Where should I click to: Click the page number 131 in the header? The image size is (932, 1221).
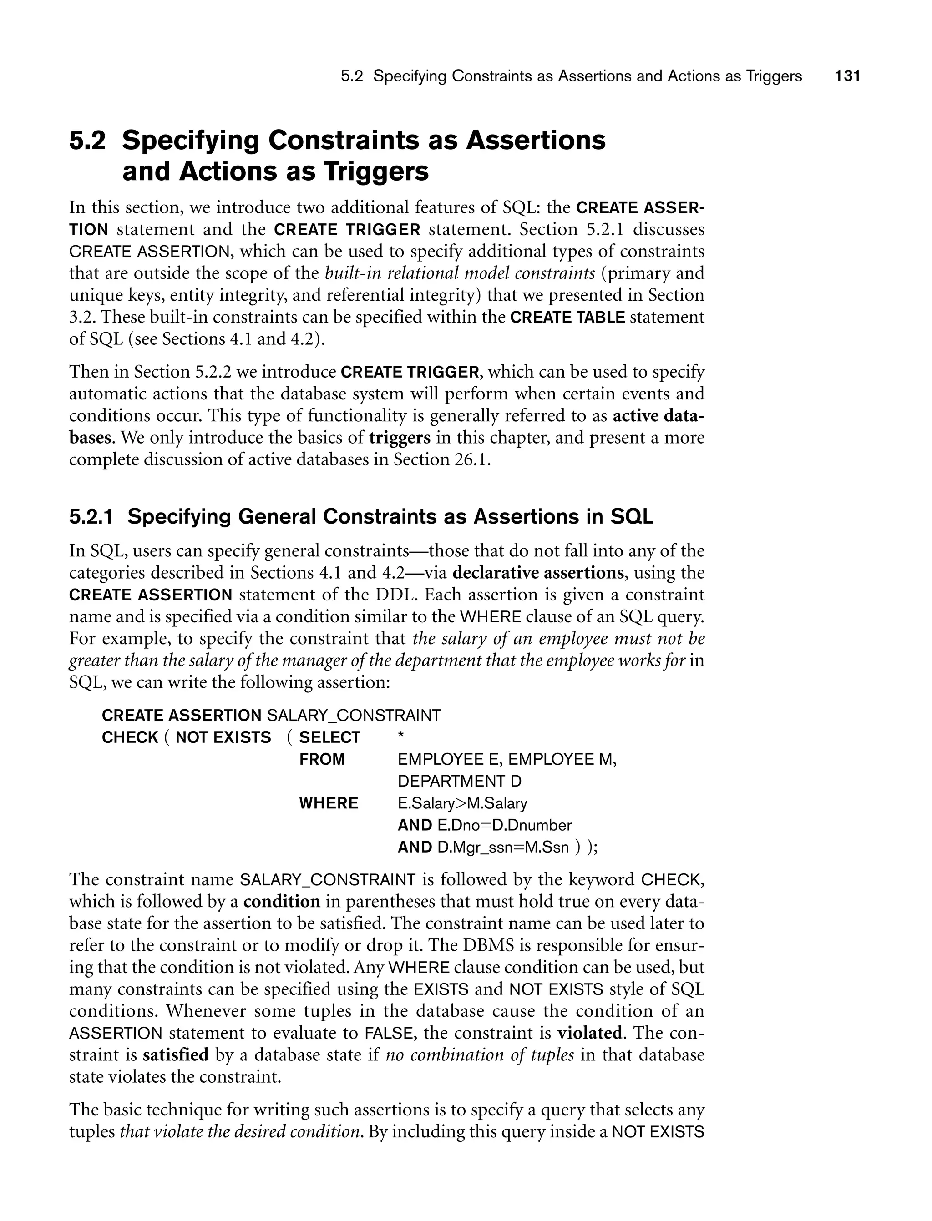[x=847, y=76]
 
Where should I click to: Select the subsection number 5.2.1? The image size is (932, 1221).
[x=91, y=517]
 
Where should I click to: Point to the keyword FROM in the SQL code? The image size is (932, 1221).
[x=322, y=759]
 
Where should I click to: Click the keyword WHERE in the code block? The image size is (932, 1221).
[x=329, y=803]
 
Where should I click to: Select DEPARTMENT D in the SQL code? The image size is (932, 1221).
[x=459, y=781]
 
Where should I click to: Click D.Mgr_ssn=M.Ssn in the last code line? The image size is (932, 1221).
[x=502, y=847]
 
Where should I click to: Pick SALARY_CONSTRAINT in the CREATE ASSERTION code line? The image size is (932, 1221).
[x=354, y=715]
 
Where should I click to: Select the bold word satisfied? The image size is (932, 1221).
[x=175, y=1054]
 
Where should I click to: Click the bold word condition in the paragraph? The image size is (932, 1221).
[x=282, y=902]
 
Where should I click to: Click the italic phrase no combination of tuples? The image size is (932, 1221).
[x=479, y=1054]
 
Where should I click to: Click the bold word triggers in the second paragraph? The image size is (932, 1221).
[x=400, y=438]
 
